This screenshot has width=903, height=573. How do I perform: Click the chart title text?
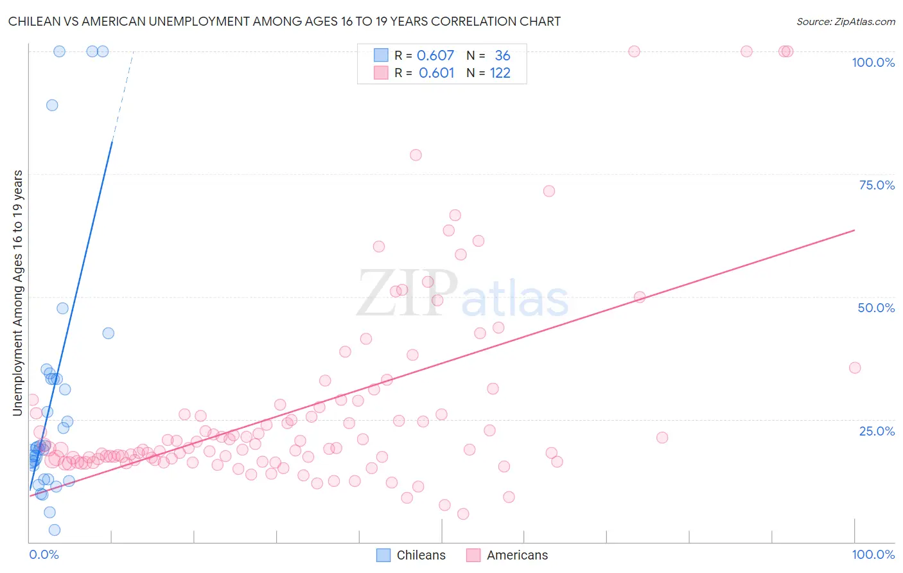pos(284,21)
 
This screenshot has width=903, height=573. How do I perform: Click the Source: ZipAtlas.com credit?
pos(845,21)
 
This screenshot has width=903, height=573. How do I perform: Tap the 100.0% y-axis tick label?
pos(873,62)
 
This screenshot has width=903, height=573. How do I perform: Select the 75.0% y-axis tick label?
pos(877,185)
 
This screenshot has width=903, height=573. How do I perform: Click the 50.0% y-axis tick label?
pos(876,308)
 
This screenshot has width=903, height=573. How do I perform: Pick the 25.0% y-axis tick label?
pos(877,430)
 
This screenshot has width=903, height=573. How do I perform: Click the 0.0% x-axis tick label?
pos(44,554)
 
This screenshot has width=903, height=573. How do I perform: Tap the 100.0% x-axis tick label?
pos(873,554)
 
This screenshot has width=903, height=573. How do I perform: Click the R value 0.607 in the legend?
pos(435,56)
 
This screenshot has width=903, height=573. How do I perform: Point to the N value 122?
pos(500,73)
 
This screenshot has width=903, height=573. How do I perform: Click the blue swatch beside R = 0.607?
pos(381,56)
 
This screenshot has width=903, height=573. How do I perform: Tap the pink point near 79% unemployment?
pos(416,155)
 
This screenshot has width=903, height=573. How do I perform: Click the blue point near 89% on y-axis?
pos(52,105)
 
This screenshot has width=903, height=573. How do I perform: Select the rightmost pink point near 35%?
pos(855,367)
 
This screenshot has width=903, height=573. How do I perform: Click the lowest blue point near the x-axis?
pos(55,530)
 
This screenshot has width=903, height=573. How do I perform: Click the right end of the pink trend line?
pos(854,230)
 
